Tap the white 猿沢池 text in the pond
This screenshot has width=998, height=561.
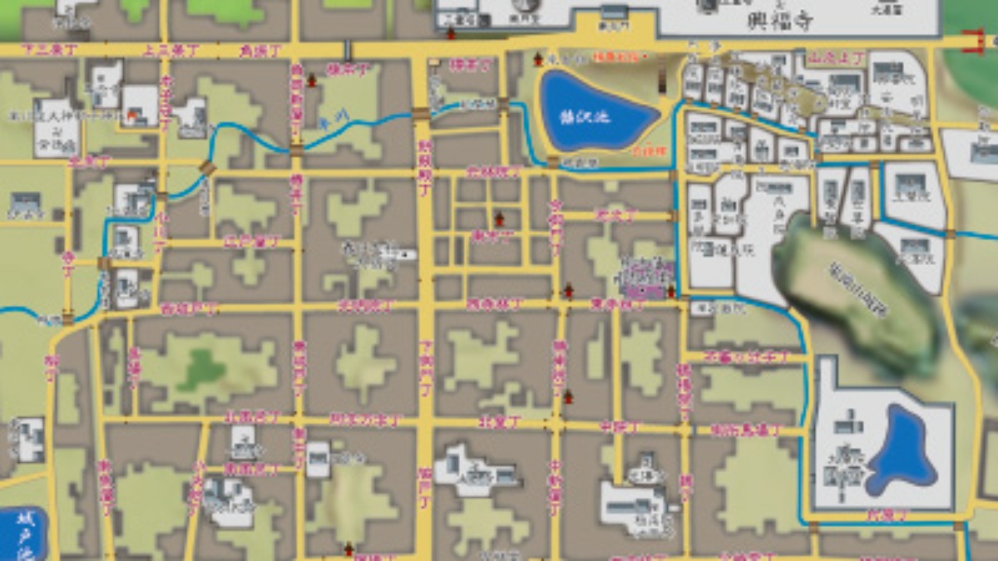coord(595,116)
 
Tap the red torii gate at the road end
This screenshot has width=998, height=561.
coord(973,40)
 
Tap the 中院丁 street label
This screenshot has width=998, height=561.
coord(619,427)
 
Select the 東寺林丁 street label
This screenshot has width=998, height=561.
coord(617,305)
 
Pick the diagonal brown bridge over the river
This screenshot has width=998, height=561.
coord(206,170)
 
